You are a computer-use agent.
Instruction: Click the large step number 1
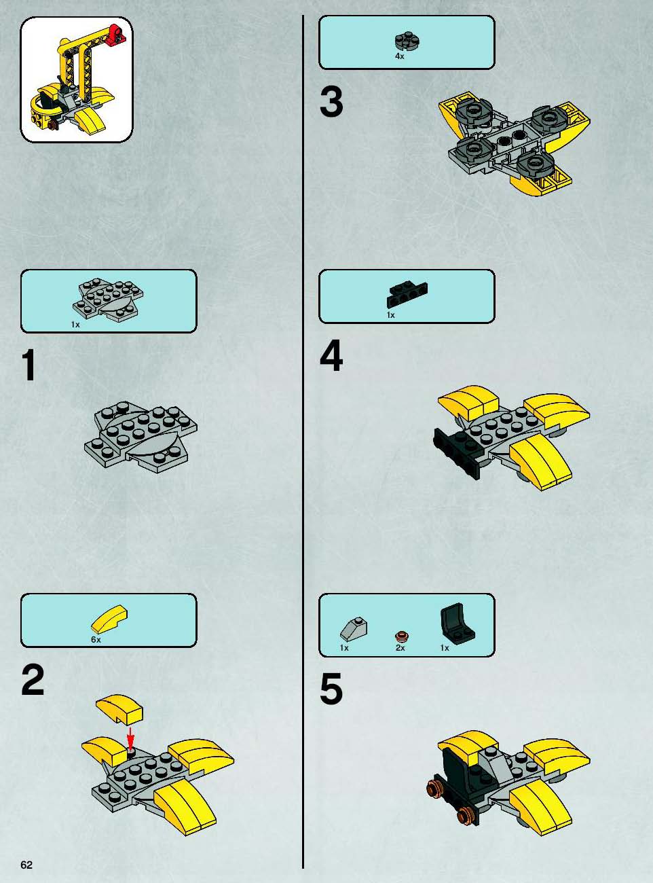29,365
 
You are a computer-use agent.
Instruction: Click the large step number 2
33,681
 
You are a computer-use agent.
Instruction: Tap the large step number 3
331,103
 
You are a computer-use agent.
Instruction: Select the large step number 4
331,355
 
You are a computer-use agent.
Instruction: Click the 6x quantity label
96,639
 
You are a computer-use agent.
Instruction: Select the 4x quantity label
400,56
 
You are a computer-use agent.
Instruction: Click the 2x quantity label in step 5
400,648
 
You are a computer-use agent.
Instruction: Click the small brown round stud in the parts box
402,636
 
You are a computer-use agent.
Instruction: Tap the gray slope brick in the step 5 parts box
354,628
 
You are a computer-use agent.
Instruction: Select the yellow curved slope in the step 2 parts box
110,619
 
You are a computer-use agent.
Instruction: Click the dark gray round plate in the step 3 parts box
408,41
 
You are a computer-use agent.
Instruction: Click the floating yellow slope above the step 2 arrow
119,709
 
